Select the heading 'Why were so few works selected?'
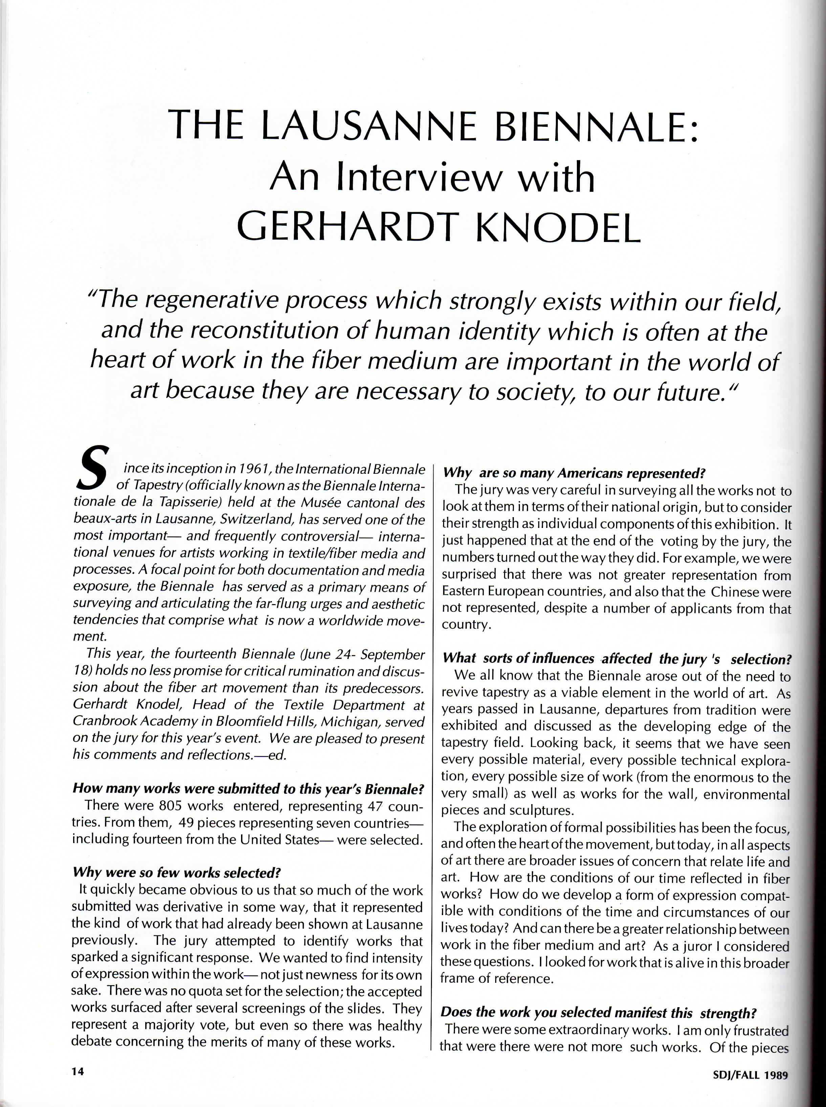(x=176, y=872)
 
